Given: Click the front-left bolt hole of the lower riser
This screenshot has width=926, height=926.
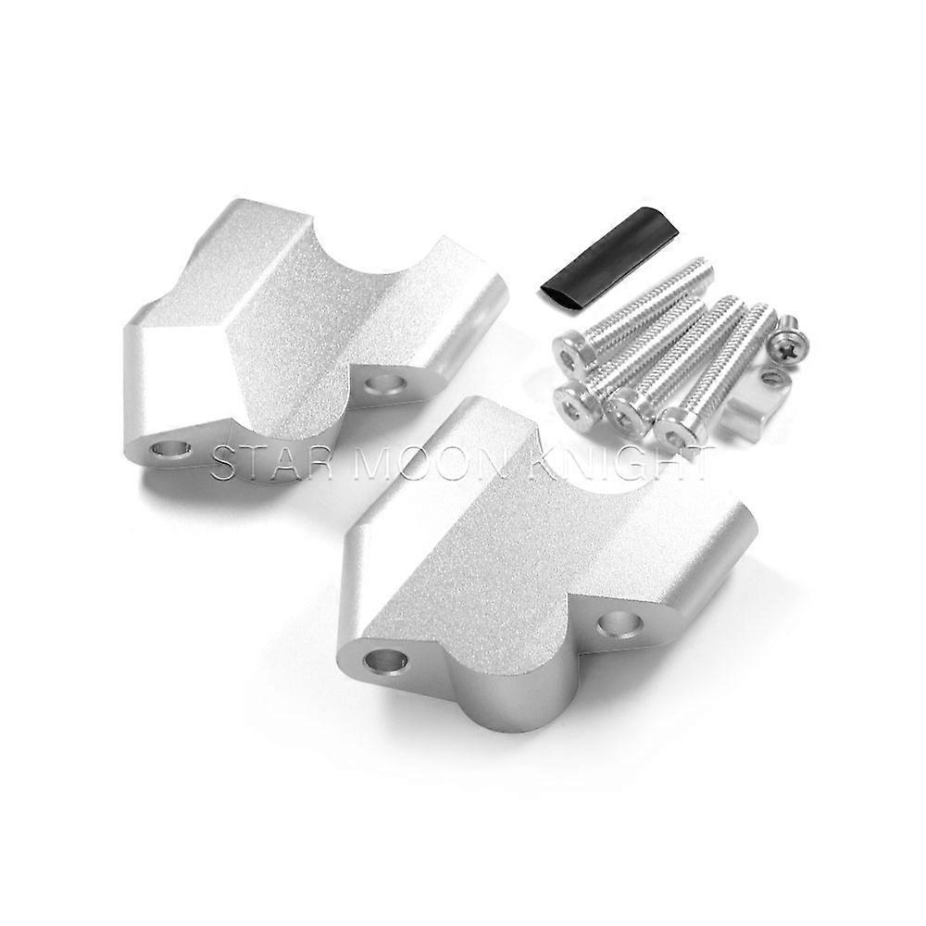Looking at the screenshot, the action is coord(386,660).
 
